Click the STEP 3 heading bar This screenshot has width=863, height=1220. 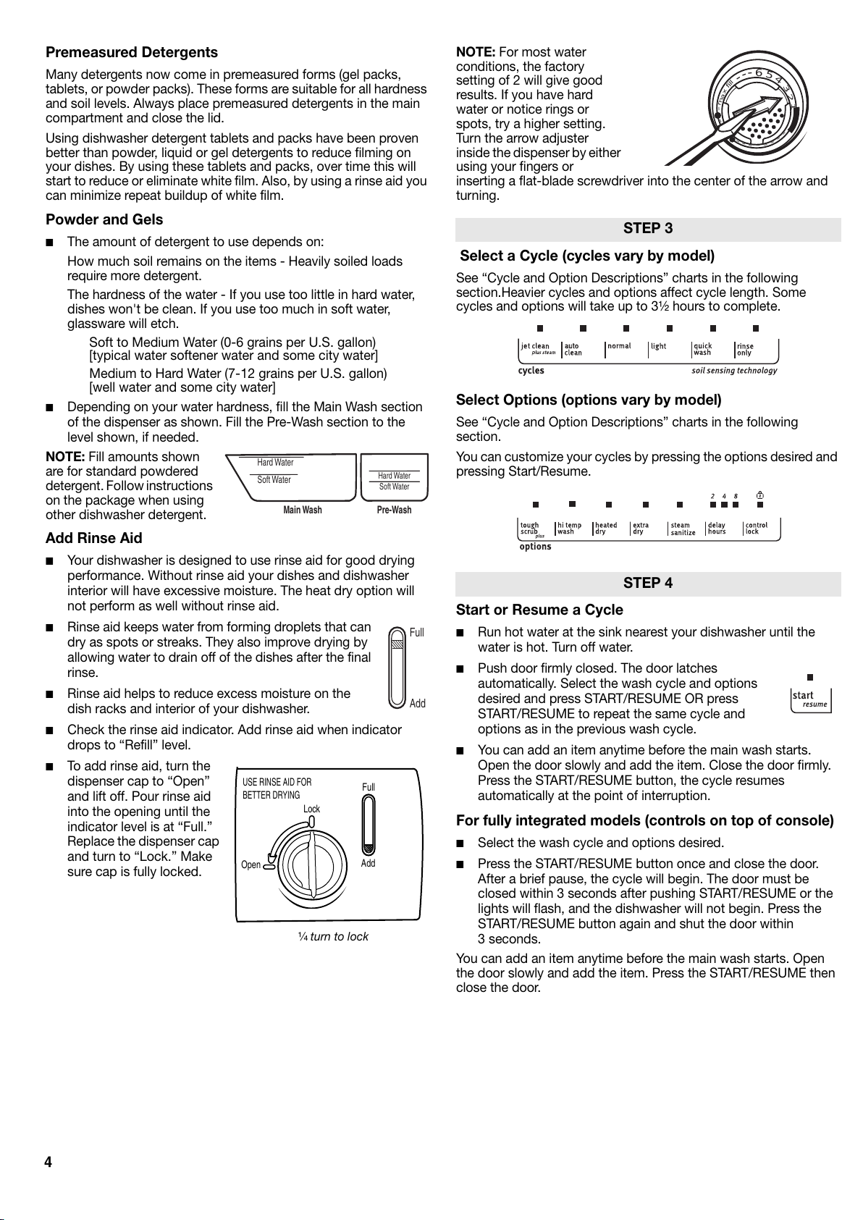click(x=648, y=229)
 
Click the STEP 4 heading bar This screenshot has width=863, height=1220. click(x=648, y=584)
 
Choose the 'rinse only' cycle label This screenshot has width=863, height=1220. click(x=745, y=349)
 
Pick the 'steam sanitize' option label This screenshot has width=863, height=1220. click(x=682, y=529)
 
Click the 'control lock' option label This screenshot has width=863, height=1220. click(x=757, y=529)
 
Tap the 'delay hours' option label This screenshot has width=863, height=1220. click(x=717, y=529)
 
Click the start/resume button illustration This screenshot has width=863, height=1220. click(x=810, y=699)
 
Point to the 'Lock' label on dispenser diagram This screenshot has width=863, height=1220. click(x=311, y=809)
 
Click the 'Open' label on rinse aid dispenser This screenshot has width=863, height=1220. click(x=251, y=865)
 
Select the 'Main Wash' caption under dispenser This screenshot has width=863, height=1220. click(x=303, y=510)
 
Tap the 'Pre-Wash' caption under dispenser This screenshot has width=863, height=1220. click(x=394, y=510)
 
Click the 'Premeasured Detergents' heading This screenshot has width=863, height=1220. click(x=131, y=52)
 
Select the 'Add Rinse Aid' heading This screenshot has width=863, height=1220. click(x=93, y=538)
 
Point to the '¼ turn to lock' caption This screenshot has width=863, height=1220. click(x=333, y=937)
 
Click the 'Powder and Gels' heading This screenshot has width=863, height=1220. click(x=104, y=219)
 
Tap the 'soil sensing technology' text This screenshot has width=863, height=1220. click(x=734, y=371)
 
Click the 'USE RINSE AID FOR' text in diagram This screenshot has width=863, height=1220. click(x=277, y=783)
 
